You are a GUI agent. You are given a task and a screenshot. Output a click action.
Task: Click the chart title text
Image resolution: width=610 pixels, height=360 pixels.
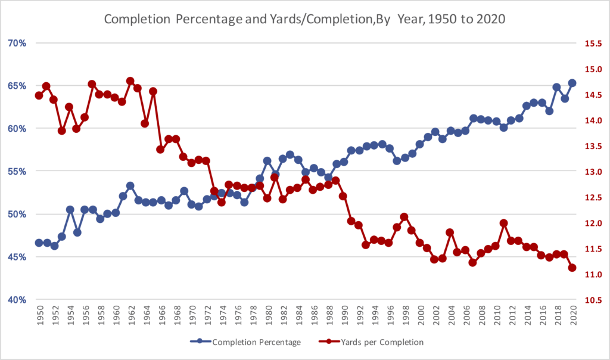click(x=304, y=19)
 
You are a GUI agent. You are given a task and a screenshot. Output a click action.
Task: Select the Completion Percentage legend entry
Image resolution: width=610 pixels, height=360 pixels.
click(x=245, y=342)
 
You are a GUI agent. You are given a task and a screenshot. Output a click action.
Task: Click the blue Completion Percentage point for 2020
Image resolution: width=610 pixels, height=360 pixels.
click(x=572, y=83)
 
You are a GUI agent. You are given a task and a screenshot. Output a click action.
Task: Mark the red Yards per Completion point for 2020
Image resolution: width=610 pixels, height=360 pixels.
click(x=572, y=268)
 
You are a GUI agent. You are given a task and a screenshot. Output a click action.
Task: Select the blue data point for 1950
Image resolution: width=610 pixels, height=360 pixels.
click(x=39, y=243)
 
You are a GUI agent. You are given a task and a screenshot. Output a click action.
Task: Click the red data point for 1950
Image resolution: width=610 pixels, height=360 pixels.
click(x=39, y=95)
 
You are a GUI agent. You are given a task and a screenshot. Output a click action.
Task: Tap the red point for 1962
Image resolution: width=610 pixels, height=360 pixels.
click(x=130, y=81)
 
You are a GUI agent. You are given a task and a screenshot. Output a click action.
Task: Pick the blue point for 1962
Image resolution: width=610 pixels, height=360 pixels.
click(x=130, y=186)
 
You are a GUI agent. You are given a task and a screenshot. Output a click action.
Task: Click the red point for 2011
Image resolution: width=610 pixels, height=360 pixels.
click(x=504, y=223)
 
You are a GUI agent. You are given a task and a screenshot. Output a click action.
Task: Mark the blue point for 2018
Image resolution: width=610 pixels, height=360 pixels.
click(x=557, y=87)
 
